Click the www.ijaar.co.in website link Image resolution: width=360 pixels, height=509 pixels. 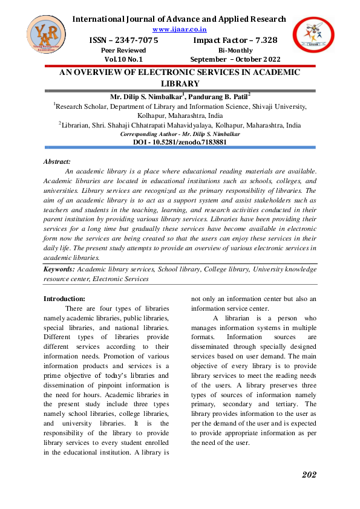coord(180,28)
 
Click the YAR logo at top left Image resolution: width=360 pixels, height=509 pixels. coord(46,38)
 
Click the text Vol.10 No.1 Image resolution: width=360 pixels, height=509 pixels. coord(123,59)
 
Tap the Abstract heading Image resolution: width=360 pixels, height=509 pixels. coord(57,161)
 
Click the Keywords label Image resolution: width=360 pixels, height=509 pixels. coord(59,269)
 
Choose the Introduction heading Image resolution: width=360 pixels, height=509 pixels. coord(65,298)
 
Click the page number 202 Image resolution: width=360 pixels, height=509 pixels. coord(309,475)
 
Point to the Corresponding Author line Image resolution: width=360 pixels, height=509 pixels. coord(180,134)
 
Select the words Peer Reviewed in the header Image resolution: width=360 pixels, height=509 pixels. coord(123,50)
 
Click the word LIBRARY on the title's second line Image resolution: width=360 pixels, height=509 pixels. coord(180,83)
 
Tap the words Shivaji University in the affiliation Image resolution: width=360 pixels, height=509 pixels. coord(276,106)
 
